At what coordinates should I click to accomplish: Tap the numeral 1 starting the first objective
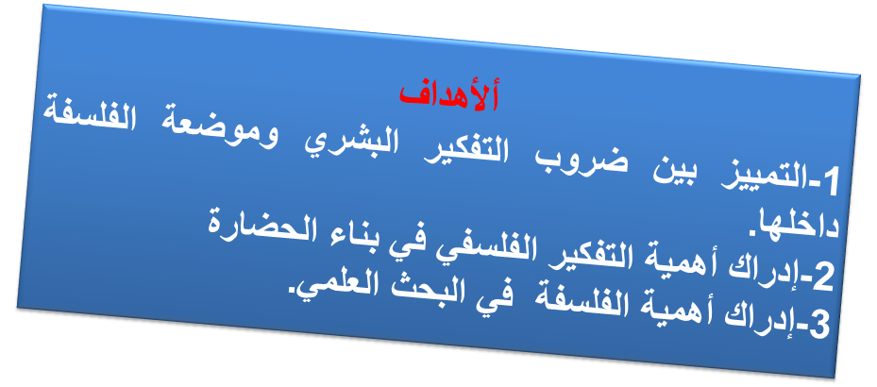(x=830, y=182)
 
